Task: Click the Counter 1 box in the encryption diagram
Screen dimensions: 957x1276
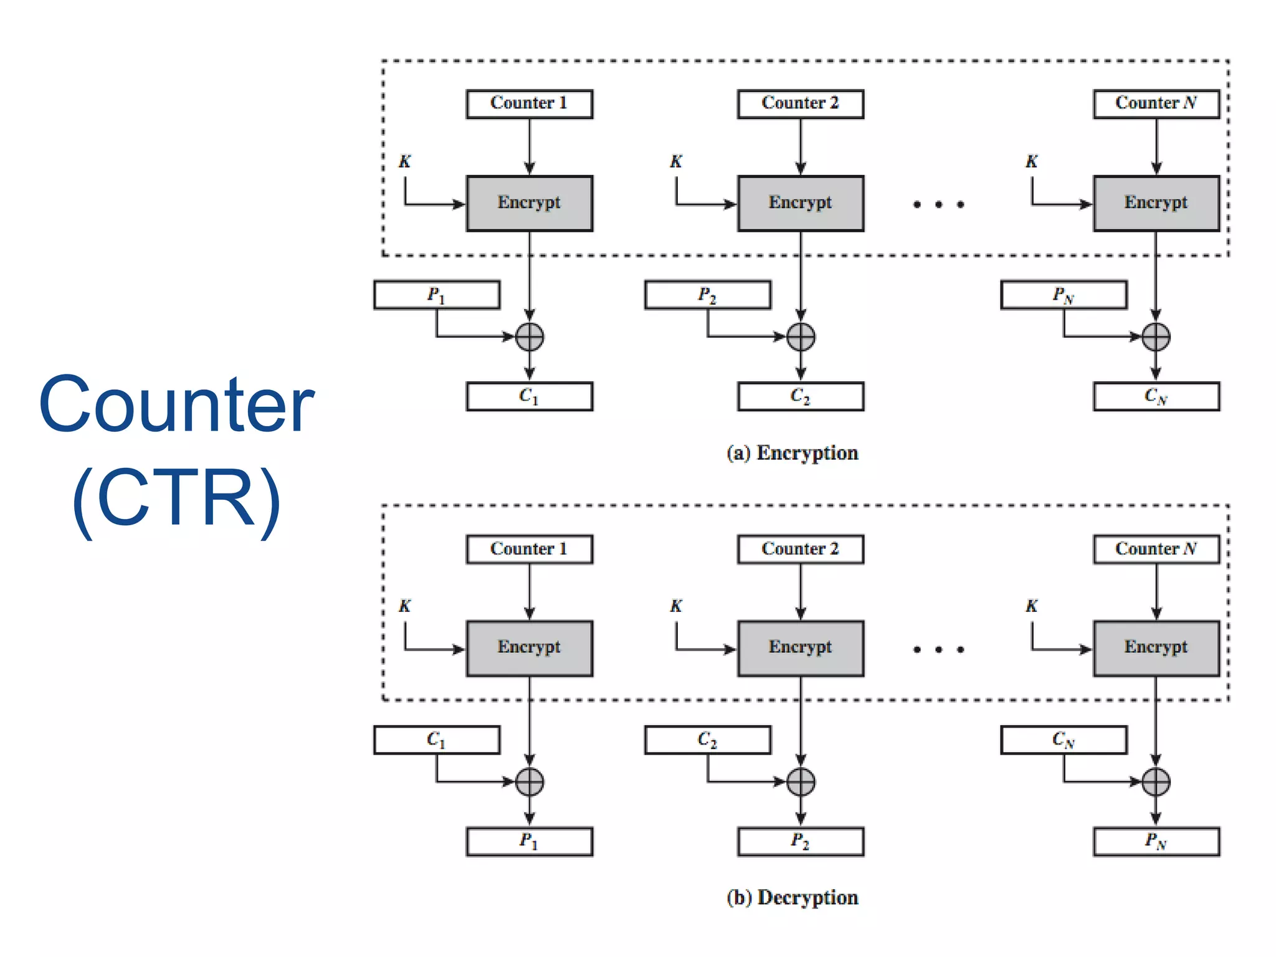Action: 529,104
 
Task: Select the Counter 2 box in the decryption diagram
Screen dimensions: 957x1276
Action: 800,550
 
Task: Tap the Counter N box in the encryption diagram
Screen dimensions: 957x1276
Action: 1156,104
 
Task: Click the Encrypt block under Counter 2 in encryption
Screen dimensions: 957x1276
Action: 800,204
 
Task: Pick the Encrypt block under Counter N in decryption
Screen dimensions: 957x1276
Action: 1156,649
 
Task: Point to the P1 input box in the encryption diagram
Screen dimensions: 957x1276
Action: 436,295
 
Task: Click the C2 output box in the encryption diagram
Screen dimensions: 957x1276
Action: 800,396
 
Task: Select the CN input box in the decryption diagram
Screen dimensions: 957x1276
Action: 1063,740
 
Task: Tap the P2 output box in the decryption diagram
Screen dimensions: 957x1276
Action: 800,842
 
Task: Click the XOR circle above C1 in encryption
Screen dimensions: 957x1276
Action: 530,337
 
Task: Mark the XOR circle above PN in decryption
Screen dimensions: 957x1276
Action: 1156,782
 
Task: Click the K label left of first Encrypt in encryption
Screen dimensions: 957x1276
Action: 405,162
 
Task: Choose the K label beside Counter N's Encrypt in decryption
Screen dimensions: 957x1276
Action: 1032,606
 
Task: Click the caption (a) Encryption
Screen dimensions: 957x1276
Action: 793,453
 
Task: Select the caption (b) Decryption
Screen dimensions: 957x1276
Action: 793,898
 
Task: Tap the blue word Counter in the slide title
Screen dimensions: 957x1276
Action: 176,404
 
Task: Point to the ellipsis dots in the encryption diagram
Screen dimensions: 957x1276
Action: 938,204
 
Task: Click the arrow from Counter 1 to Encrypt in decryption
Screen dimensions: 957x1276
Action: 530,592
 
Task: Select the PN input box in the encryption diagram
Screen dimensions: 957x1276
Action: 1063,295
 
